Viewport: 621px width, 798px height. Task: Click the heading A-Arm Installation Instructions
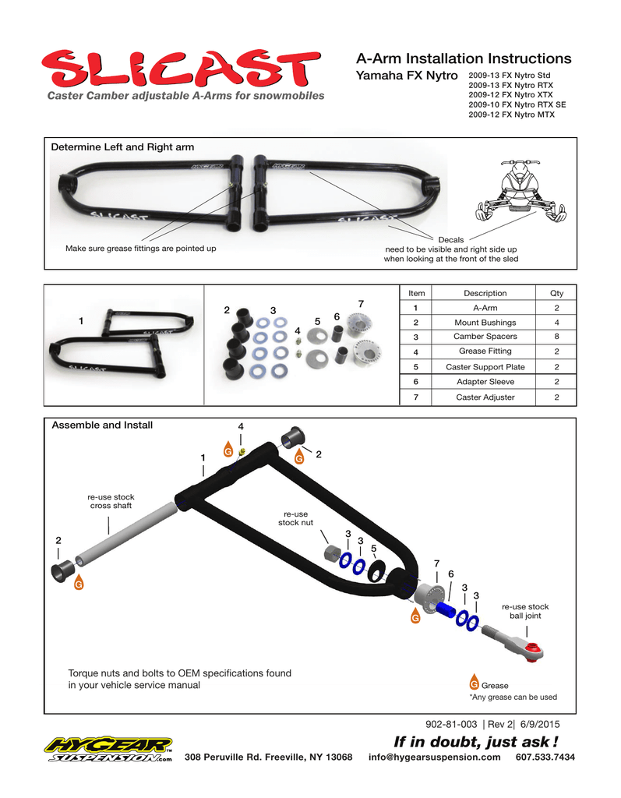(x=463, y=58)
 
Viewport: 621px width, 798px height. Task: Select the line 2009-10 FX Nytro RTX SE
(x=517, y=104)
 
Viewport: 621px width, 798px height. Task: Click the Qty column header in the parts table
(x=556, y=293)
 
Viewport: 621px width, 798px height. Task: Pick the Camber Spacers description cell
(x=485, y=337)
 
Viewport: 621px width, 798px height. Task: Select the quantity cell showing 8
(x=556, y=337)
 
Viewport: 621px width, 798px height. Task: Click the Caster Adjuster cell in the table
(x=485, y=397)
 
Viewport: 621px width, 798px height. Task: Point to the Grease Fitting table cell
(x=485, y=351)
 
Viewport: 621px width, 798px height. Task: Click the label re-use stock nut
(x=295, y=517)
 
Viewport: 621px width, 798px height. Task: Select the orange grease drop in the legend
(x=474, y=683)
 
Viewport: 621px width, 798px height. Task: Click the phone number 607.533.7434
(x=545, y=757)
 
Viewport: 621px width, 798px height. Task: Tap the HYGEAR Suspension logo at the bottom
(x=109, y=750)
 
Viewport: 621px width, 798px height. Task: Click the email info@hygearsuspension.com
(x=434, y=757)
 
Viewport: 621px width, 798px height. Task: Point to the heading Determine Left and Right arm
(x=122, y=147)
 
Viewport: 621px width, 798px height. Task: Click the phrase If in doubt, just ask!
(x=475, y=741)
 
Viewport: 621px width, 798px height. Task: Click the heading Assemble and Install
(x=102, y=425)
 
